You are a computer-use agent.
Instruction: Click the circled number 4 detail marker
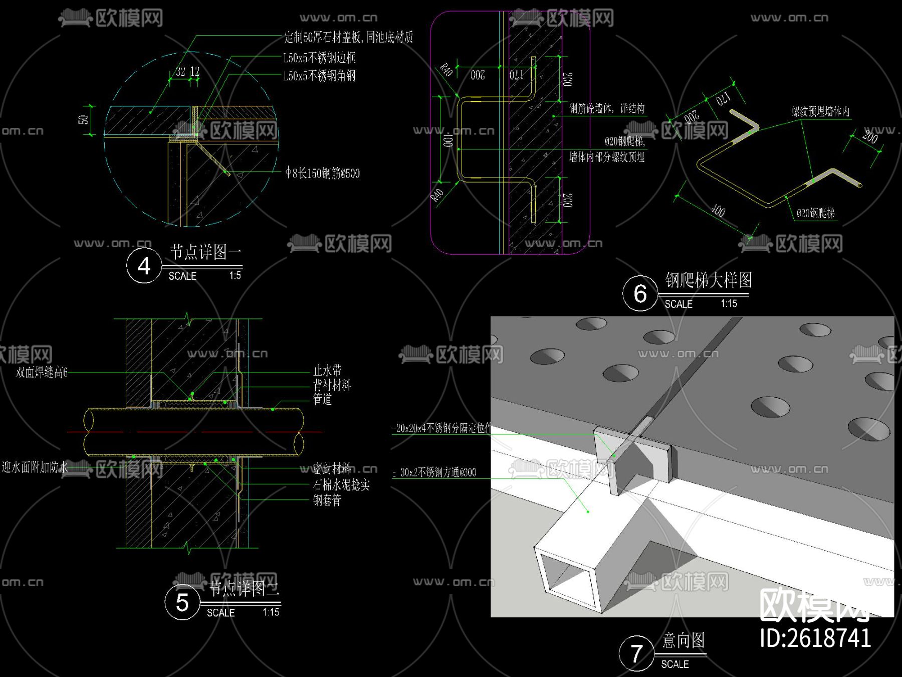[144, 266]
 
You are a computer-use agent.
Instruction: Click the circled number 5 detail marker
[182, 602]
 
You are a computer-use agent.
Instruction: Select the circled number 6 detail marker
[640, 294]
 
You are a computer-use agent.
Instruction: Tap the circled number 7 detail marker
[636, 653]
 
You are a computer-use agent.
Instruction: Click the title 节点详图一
[205, 252]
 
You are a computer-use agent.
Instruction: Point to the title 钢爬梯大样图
[709, 280]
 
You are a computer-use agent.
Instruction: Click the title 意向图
[684, 640]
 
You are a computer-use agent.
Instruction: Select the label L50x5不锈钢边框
[319, 58]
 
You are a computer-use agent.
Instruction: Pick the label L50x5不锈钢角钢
[319, 76]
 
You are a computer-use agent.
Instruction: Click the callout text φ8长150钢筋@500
[323, 174]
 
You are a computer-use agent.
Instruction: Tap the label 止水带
[327, 371]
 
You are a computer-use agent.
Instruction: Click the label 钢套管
[327, 500]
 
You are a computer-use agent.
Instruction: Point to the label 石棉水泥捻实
[341, 485]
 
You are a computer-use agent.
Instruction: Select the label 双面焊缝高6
[42, 373]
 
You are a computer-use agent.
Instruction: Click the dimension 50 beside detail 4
[83, 120]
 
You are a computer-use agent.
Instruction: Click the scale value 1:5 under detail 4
[235, 276]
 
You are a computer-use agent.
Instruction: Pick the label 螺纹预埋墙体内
[820, 111]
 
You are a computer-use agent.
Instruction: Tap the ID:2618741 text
[815, 638]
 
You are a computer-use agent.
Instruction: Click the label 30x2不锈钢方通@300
[438, 472]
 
